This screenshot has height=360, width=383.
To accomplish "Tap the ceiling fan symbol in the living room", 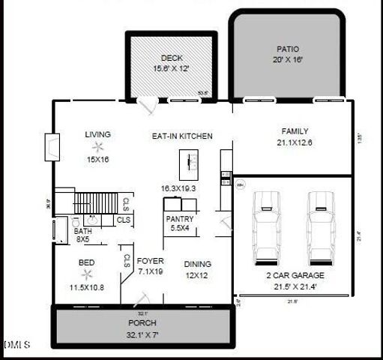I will tap(97, 148).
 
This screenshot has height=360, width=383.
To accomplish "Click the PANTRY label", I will tap(180, 218).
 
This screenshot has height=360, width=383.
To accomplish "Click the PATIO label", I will tap(287, 49).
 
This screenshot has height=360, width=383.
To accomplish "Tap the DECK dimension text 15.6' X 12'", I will tap(172, 68).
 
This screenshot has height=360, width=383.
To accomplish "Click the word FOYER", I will tap(150, 262).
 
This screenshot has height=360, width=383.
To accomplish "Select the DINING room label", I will tap(197, 264).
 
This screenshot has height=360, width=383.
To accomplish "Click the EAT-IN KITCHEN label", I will tap(182, 136).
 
